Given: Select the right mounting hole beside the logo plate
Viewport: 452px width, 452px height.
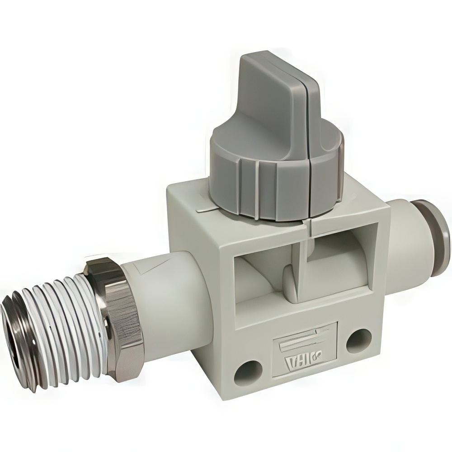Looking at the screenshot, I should click(x=359, y=341).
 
